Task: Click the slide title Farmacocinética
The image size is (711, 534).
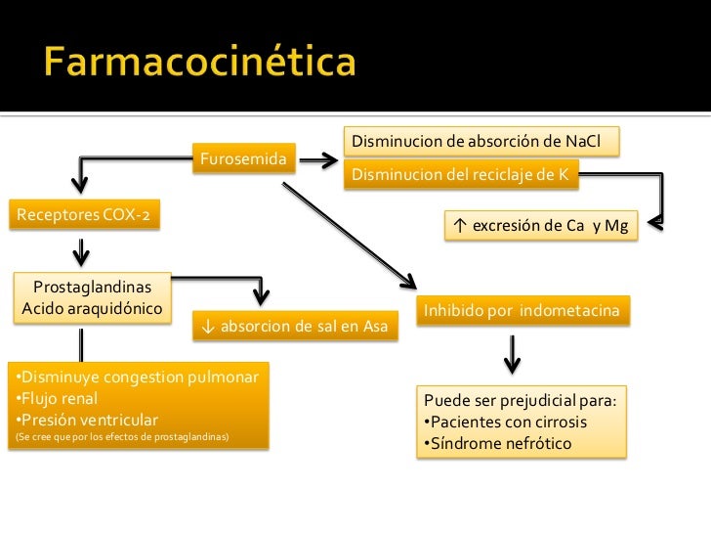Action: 200,65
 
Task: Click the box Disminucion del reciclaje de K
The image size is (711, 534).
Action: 463,175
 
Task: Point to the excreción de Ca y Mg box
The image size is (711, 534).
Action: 540,226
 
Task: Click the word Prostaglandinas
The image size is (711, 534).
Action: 93,288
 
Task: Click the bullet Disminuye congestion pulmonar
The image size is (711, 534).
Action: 137,378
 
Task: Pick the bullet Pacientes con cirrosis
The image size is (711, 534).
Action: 518,423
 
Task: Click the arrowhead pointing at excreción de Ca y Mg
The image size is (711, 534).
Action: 654,226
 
